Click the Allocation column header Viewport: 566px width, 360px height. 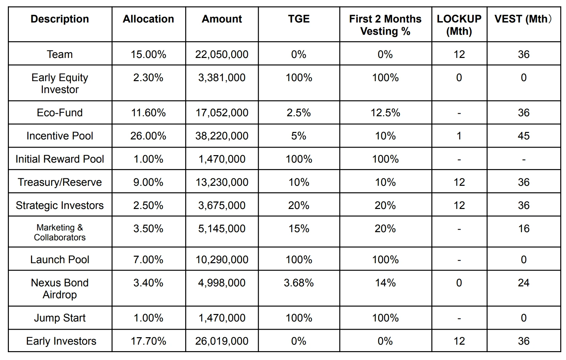[148, 19]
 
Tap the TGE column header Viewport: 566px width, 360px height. [299, 19]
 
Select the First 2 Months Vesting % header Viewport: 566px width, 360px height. [385, 25]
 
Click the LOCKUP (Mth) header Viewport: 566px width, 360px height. [459, 25]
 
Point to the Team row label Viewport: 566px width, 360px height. [60, 54]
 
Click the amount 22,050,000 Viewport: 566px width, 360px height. [222, 54]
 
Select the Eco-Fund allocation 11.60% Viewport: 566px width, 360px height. [148, 112]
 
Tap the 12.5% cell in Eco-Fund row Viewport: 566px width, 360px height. [385, 112]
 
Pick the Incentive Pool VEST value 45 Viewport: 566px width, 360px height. [523, 136]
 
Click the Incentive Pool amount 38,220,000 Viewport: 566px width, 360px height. [222, 136]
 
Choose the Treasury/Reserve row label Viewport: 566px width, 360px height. [60, 182]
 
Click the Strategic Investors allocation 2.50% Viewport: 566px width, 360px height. [148, 205]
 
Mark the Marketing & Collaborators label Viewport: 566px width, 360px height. [60, 232]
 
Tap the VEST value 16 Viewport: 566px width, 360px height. [523, 228]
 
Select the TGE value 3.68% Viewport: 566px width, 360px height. [299, 283]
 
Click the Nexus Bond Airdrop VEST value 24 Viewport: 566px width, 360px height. [523, 283]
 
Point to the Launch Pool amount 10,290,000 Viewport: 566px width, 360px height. [222, 259]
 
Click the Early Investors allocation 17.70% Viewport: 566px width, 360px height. [148, 341]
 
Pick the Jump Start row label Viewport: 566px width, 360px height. [60, 318]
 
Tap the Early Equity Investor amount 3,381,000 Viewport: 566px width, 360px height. [222, 77]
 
